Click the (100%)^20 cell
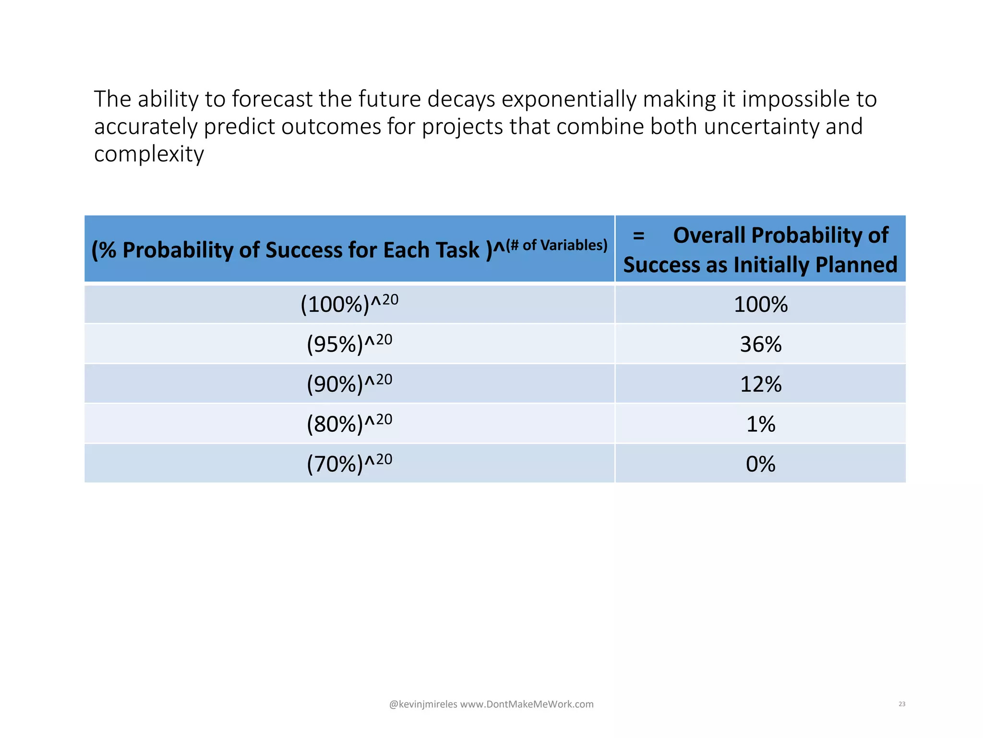coord(349,304)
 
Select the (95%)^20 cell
coord(349,344)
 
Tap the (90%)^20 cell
coord(349,384)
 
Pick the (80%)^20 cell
coord(349,424)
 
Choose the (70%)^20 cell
coord(349,464)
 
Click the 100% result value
coord(761,304)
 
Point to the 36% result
coord(761,344)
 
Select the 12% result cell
coord(761,384)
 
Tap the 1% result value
coord(761,424)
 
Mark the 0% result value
coord(761,464)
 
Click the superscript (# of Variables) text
coord(557,245)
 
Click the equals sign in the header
coord(638,235)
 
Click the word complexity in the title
coord(149,154)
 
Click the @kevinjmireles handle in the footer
coord(423,704)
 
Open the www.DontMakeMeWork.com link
coord(527,704)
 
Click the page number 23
coord(902,704)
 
